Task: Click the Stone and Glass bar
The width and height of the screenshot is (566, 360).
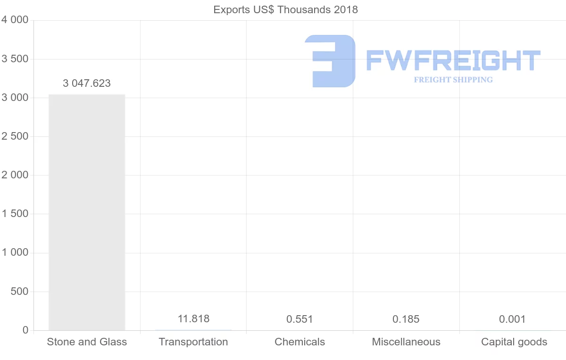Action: click(x=87, y=212)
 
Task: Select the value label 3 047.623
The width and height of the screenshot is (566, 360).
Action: click(x=87, y=84)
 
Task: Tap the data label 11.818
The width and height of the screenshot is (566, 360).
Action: click(x=193, y=319)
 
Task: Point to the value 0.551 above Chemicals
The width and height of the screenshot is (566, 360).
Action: click(x=300, y=319)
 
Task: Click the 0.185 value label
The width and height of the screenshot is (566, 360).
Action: click(x=406, y=319)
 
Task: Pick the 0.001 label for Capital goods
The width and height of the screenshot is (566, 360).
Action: click(x=512, y=319)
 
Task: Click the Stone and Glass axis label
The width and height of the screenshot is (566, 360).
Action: click(x=87, y=342)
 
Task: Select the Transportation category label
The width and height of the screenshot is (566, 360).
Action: click(x=193, y=342)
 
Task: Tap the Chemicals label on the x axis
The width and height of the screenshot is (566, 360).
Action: click(x=300, y=342)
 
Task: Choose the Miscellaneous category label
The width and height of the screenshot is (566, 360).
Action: click(x=406, y=342)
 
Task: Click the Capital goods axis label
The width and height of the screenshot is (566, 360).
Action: click(x=514, y=342)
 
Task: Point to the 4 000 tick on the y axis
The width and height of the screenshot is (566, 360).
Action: click(x=15, y=20)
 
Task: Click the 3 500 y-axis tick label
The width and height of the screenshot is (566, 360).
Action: click(x=15, y=59)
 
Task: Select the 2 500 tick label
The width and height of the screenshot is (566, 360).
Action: click(x=15, y=136)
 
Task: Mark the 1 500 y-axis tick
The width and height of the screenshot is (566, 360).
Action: click(x=15, y=214)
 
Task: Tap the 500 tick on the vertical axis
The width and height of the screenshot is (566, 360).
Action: click(x=19, y=292)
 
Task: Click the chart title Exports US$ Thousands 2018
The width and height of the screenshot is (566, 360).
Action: click(x=286, y=9)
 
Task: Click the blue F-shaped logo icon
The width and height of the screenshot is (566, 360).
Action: click(x=330, y=61)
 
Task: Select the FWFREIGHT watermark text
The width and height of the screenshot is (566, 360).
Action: click(x=453, y=60)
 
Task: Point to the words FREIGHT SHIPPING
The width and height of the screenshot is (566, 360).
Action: click(x=453, y=80)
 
